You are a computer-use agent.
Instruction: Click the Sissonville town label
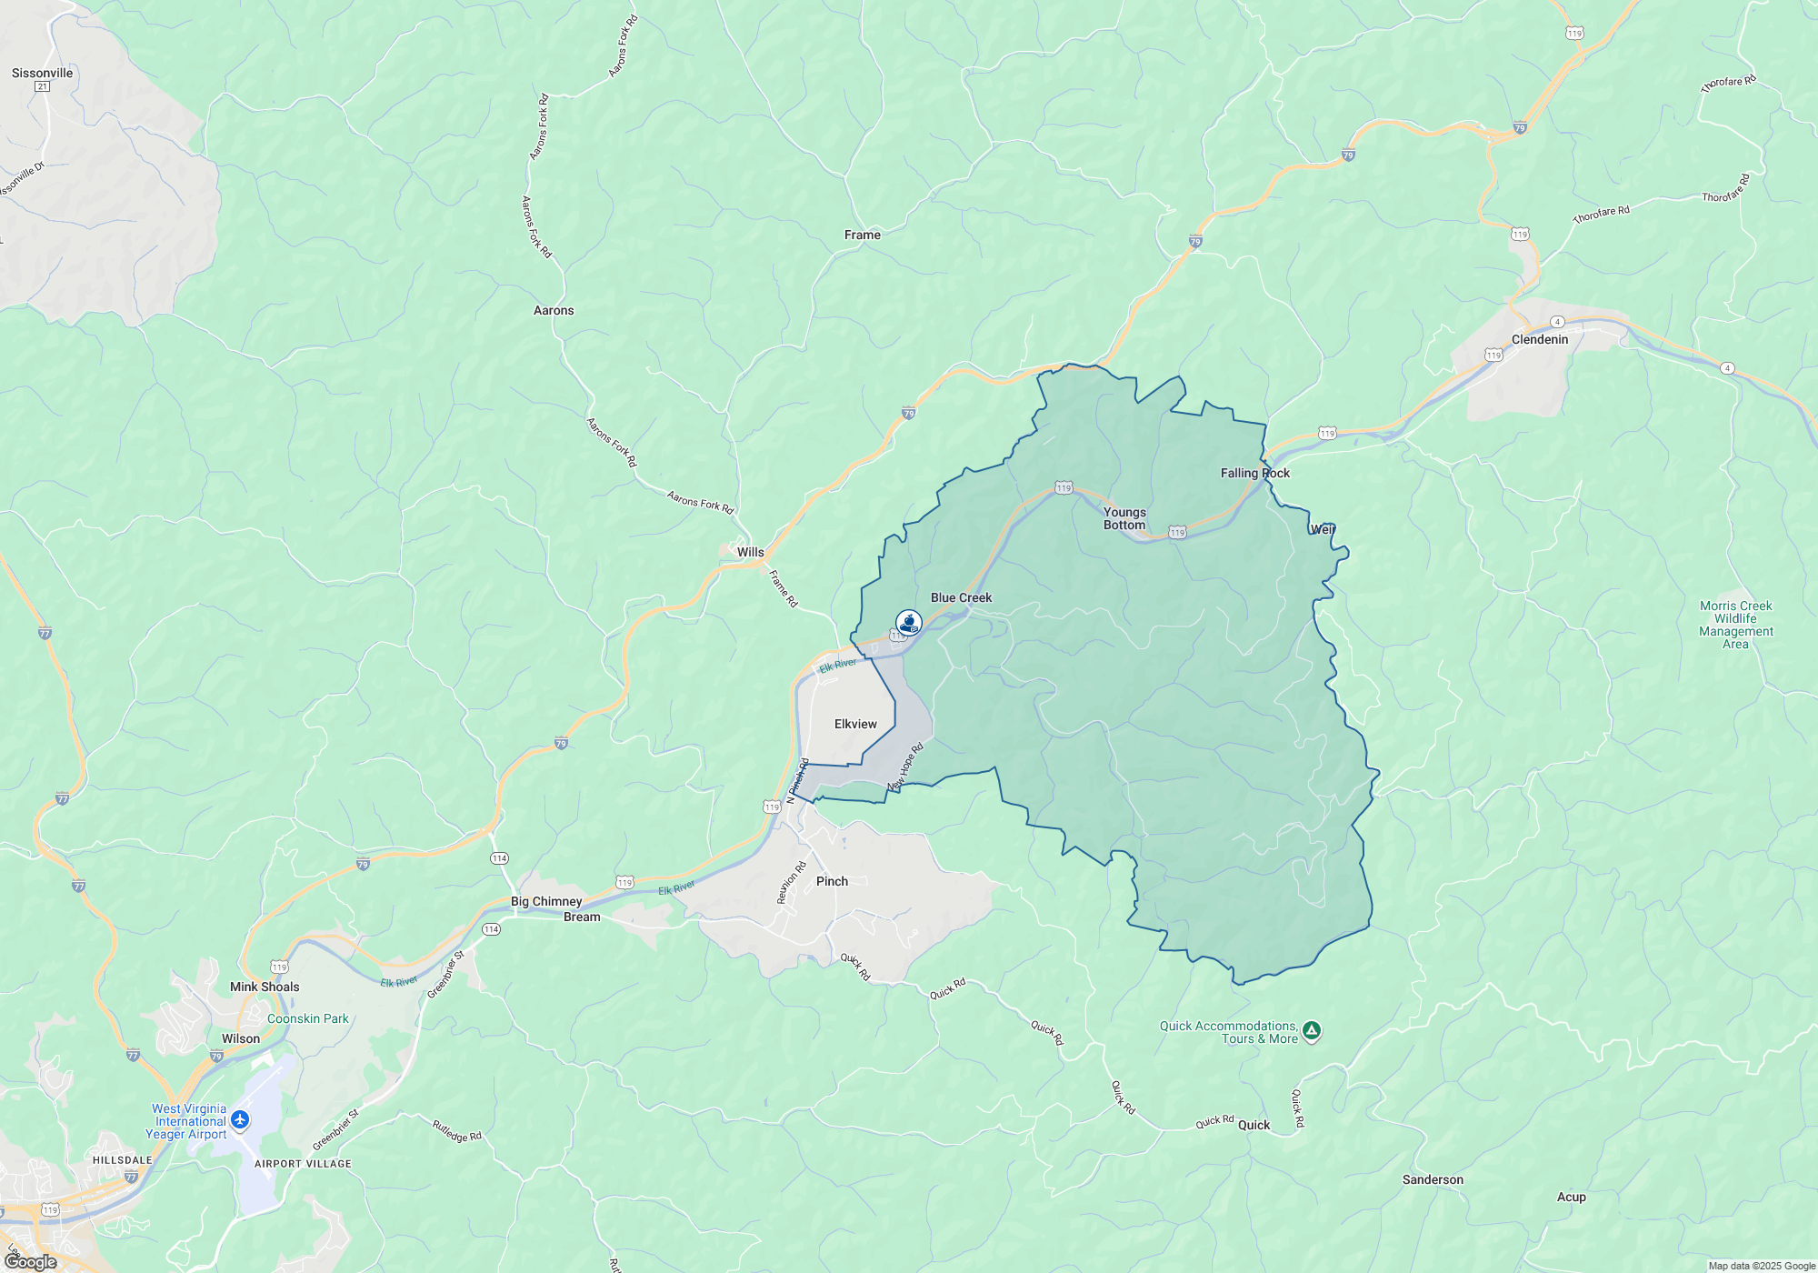click(42, 73)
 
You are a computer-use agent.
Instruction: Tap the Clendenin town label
click(1539, 339)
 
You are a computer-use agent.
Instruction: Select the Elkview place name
click(855, 724)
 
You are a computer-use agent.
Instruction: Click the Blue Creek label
click(961, 597)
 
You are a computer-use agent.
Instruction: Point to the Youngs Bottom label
click(1124, 518)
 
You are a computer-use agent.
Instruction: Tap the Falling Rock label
click(1254, 473)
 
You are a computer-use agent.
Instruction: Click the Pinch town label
click(832, 881)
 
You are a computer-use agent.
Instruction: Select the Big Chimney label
click(546, 901)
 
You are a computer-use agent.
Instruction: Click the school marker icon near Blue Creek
click(908, 622)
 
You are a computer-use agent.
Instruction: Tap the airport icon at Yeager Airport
click(240, 1119)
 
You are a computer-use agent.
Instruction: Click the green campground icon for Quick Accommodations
click(1311, 1031)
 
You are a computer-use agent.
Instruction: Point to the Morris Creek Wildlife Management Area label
click(1735, 625)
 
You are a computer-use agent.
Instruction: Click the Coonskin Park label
click(307, 1018)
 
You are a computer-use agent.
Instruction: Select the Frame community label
click(862, 235)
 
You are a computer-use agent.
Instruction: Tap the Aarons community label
click(554, 310)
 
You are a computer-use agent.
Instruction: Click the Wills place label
click(750, 552)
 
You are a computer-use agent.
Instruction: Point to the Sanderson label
click(1433, 1179)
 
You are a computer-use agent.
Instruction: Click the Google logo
click(30, 1261)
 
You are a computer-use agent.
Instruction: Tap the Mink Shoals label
click(265, 987)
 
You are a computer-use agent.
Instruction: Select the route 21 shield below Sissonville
click(42, 86)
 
